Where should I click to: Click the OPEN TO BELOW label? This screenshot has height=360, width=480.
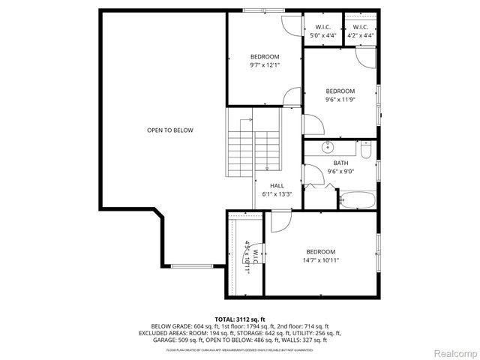169,130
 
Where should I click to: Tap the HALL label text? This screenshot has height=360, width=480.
277,185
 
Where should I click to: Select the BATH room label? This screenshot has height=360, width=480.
340,163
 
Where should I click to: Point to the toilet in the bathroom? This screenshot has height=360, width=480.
365,151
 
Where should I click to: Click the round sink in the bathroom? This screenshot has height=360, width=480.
327,147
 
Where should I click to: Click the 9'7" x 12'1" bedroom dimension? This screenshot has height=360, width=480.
264,65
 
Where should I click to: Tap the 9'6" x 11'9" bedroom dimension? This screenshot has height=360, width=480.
340,99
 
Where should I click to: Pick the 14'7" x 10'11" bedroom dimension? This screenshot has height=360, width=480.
320,260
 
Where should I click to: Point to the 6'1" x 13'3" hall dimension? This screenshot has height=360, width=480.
277,193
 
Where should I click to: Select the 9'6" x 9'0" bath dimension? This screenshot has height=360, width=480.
340,171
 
